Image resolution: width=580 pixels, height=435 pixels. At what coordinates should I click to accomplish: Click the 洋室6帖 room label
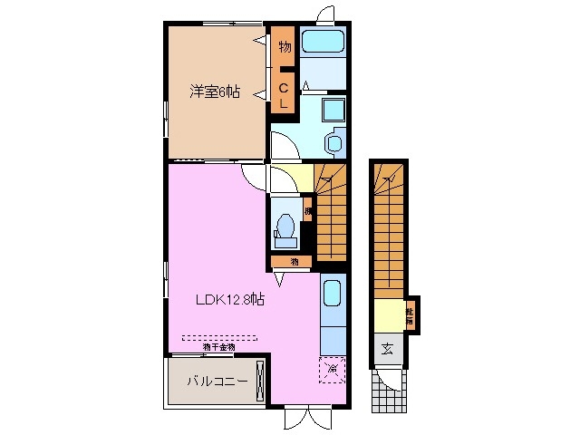point(215,92)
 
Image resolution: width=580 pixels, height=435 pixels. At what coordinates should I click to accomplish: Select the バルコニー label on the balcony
point(211,382)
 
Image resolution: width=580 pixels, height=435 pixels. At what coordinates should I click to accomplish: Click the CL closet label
point(284,95)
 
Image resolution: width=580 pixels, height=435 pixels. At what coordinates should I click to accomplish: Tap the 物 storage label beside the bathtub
point(284,45)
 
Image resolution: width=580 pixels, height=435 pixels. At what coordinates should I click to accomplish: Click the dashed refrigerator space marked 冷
point(333,369)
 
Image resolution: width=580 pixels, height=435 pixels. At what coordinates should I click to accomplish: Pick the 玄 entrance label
point(388,349)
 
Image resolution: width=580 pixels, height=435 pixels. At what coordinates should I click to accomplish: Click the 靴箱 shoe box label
point(410,314)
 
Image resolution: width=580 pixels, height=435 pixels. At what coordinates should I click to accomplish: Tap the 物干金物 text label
point(218,346)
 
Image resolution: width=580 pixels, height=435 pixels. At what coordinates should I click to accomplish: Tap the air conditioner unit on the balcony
point(261,381)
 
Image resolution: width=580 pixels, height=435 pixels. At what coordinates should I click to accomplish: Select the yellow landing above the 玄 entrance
point(388,316)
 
